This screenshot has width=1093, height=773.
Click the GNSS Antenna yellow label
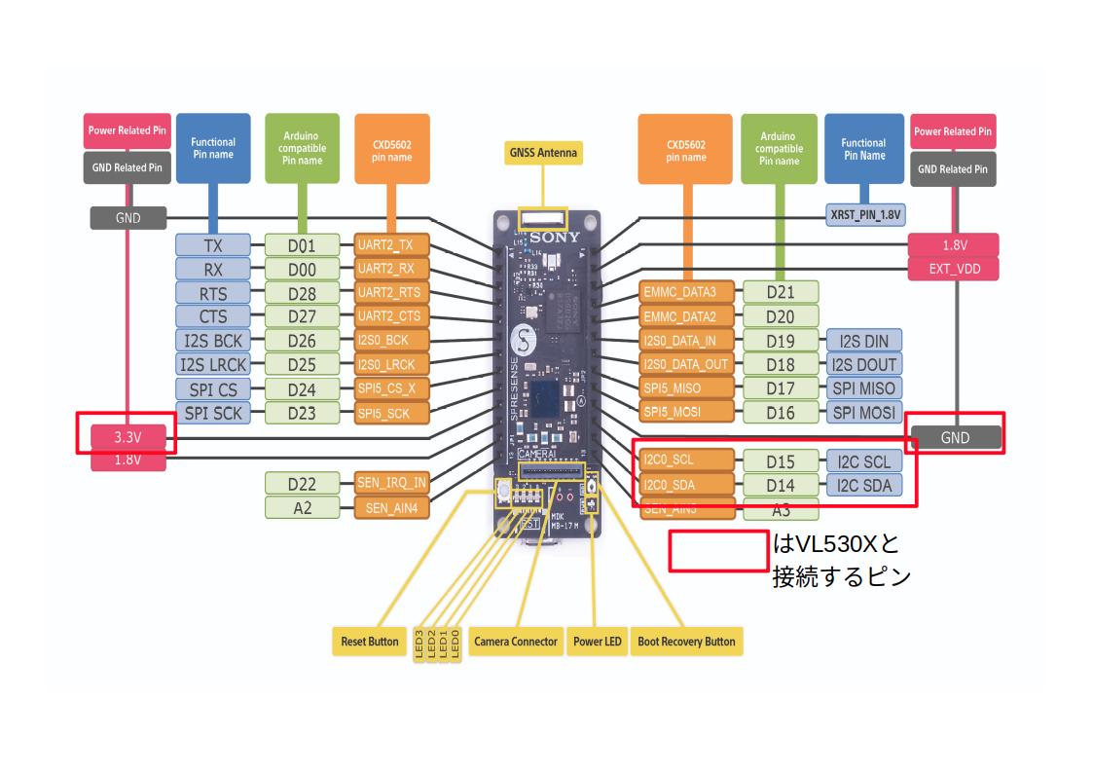[x=543, y=153]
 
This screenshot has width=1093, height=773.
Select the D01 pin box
[x=303, y=245]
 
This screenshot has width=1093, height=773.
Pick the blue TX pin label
[x=212, y=245]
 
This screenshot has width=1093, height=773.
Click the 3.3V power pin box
[x=128, y=438]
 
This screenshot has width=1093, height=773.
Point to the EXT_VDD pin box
[x=955, y=269]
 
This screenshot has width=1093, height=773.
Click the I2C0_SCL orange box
[x=687, y=460]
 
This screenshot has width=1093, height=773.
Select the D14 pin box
[x=780, y=485]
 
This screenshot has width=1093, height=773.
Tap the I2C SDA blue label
[x=863, y=485]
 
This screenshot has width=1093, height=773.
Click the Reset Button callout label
[x=370, y=642]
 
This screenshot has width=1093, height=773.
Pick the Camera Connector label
[x=516, y=642]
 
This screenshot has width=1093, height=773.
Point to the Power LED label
[x=598, y=642]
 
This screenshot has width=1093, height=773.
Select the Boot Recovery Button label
[x=686, y=642]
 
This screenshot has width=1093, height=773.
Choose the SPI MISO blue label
[x=863, y=388]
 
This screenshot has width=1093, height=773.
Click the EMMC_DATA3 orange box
[x=687, y=292]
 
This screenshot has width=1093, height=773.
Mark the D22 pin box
[x=303, y=483]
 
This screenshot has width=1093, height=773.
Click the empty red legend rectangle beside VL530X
[x=719, y=550]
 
